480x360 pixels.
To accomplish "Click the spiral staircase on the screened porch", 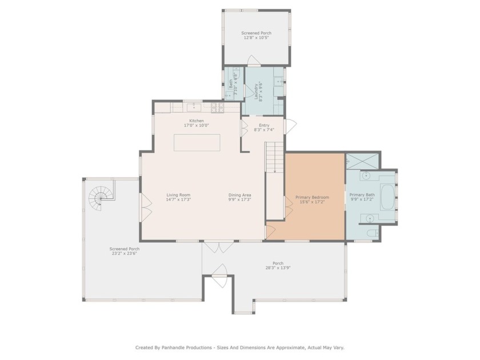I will (x=101, y=197).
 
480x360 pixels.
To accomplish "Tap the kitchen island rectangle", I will (x=197, y=142).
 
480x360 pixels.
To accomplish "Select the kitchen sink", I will (x=193, y=106).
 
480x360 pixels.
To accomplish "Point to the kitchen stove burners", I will (x=217, y=107).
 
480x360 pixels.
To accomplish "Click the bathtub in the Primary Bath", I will (x=387, y=198).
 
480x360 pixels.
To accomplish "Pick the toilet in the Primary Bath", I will (x=371, y=233).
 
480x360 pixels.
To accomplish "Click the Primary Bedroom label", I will (x=312, y=197).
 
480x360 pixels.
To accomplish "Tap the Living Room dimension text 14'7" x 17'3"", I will (x=178, y=200).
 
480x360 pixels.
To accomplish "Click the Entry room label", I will (x=264, y=125).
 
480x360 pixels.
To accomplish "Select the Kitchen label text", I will (x=197, y=121).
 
